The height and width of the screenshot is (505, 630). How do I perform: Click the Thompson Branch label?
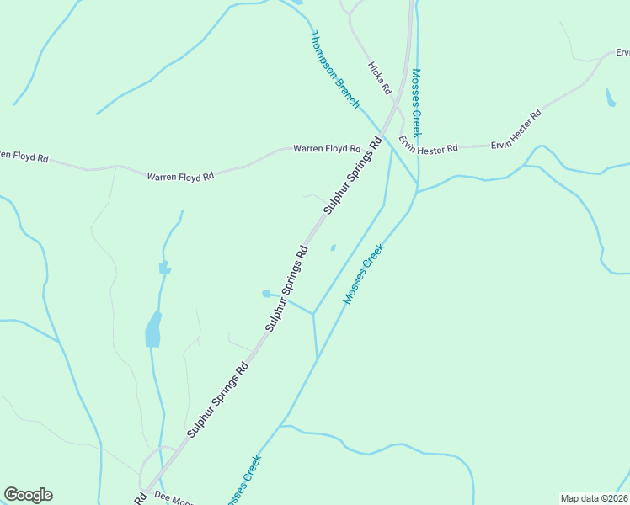(x=335, y=71)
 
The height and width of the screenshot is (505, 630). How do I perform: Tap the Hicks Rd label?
(x=380, y=77)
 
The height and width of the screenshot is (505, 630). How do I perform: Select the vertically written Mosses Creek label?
(x=417, y=102)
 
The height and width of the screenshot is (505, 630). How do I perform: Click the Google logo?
(x=28, y=495)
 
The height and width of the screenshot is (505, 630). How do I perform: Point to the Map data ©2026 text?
(x=594, y=498)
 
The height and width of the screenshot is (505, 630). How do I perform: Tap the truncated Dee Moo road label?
(x=174, y=498)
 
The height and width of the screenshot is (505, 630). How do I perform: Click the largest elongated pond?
(x=152, y=329)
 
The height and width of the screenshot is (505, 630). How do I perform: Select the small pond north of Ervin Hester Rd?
(x=610, y=98)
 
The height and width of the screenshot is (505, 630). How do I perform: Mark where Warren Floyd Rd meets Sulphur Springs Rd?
(x=376, y=137)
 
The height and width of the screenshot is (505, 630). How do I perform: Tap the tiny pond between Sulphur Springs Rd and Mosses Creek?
(x=333, y=247)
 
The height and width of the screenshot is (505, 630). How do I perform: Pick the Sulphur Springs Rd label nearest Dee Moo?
(x=217, y=399)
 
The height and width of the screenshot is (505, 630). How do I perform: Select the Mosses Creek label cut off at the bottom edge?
(x=243, y=481)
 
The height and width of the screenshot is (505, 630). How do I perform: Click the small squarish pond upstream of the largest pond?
(x=163, y=268)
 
